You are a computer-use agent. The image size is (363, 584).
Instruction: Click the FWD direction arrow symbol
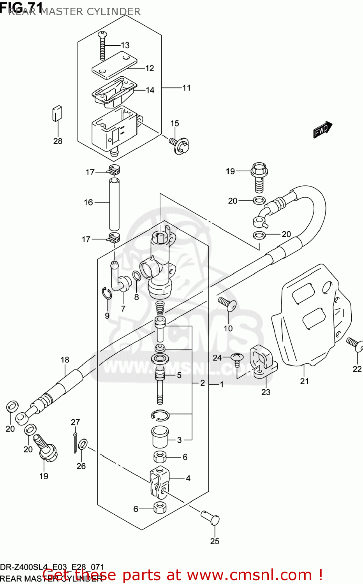322,130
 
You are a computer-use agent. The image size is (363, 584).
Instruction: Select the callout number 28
58,141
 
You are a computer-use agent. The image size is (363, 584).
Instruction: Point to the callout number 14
150,90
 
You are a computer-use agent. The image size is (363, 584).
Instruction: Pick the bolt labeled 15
180,146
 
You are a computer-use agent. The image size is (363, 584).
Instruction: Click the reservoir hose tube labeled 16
114,204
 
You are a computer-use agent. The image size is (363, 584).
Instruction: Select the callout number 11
187,88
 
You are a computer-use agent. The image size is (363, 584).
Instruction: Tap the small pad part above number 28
57,113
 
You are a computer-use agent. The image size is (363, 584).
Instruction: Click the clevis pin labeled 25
211,518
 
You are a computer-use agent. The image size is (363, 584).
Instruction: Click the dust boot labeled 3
159,437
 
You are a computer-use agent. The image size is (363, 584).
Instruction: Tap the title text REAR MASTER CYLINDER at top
74,12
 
